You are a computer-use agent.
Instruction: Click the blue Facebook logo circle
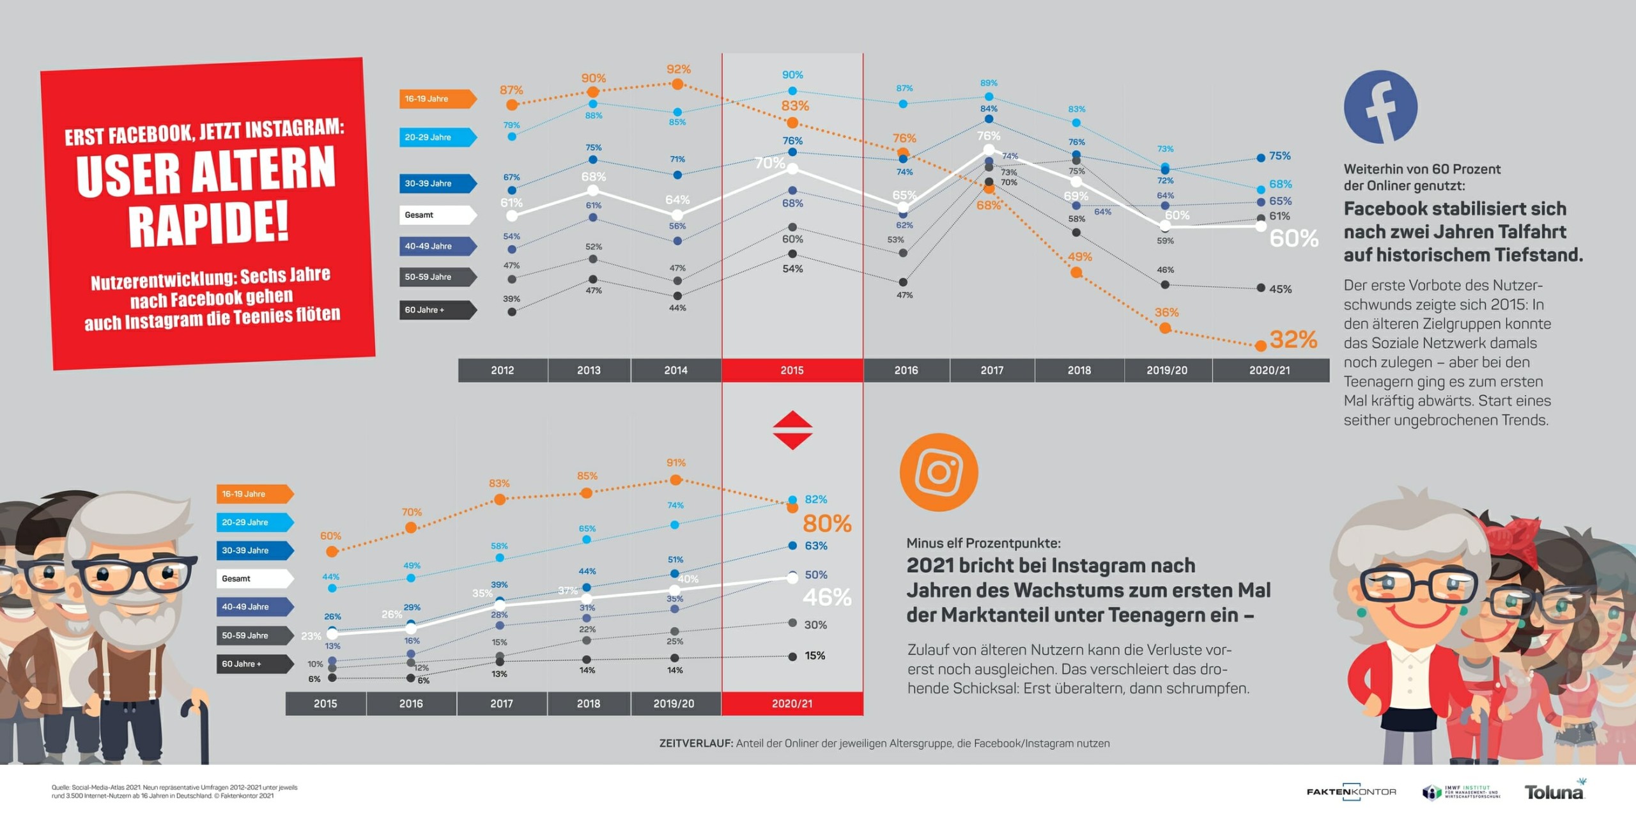[x=1380, y=107]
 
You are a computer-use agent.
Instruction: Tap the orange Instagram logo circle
[x=939, y=472]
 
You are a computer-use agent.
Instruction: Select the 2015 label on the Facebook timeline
[x=792, y=370]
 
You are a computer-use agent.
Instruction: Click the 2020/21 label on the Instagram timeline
[x=792, y=704]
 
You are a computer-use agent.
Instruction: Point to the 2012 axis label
[x=502, y=370]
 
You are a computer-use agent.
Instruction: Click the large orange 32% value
[x=1293, y=339]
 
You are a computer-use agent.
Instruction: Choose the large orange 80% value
[x=827, y=524]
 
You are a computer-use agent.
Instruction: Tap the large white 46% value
[x=827, y=598]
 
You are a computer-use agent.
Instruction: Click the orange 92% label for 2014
[x=678, y=69]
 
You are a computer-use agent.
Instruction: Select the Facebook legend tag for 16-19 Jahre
[x=437, y=98]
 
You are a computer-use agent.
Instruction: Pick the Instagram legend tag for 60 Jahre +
[x=254, y=664]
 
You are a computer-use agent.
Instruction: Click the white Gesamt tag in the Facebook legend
[x=437, y=215]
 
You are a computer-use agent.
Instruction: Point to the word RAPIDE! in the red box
[x=209, y=224]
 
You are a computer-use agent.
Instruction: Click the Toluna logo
[x=1554, y=792]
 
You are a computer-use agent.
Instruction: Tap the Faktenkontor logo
[x=1351, y=792]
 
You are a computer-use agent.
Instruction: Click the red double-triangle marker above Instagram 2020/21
[x=792, y=430]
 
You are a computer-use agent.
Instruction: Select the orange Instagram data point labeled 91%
[x=676, y=479]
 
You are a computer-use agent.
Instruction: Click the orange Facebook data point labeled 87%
[x=512, y=105]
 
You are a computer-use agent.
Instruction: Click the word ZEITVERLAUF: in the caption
[x=696, y=743]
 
